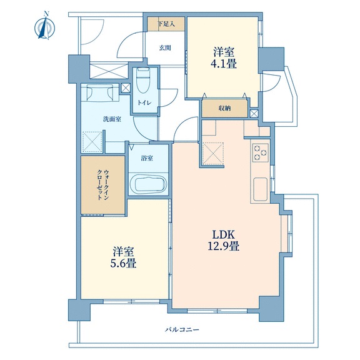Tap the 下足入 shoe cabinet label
pyautogui.click(x=167, y=24)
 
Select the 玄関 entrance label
pyautogui.click(x=165, y=47)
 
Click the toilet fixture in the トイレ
pyautogui.click(x=142, y=80)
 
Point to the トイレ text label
pyautogui.click(x=144, y=102)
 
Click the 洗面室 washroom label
pyautogui.click(x=112, y=119)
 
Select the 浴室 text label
pyautogui.click(x=147, y=158)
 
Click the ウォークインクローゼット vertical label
pyautogui.click(x=103, y=185)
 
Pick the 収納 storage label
pyautogui.click(x=224, y=108)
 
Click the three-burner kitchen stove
pyautogui.click(x=261, y=152)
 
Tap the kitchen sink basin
pyautogui.click(x=261, y=189)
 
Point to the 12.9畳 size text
pyautogui.click(x=224, y=246)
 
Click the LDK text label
pyautogui.click(x=224, y=234)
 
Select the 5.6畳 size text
pyautogui.click(x=123, y=263)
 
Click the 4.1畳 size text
pyautogui.click(x=224, y=64)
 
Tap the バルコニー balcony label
pyautogui.click(x=182, y=330)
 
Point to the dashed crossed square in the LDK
pyautogui.click(x=213, y=153)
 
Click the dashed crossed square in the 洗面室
pyautogui.click(x=92, y=142)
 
